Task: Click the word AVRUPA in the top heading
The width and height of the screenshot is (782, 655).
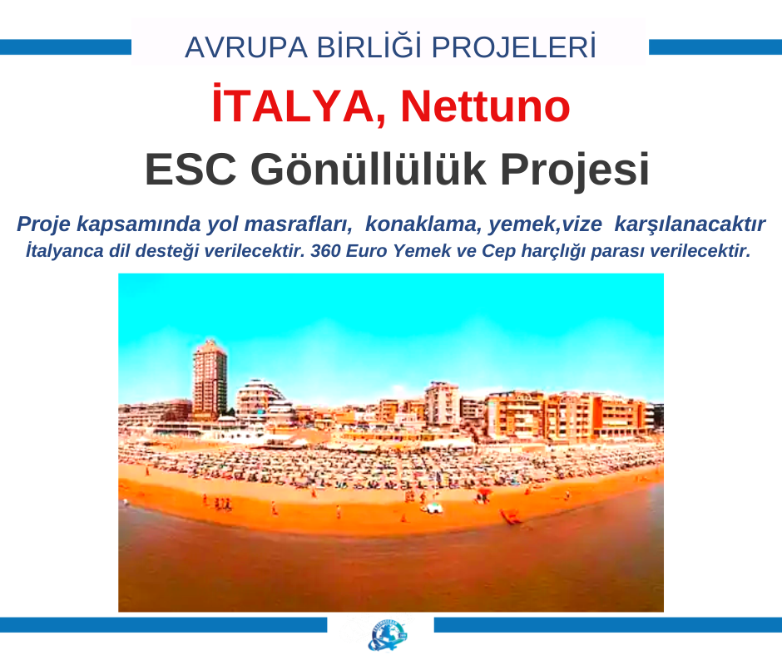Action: [x=246, y=48]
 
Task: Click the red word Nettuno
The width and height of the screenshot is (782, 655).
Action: [x=485, y=106]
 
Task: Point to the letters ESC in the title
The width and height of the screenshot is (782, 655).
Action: [x=190, y=170]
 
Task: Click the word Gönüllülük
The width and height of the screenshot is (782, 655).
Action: [x=369, y=169]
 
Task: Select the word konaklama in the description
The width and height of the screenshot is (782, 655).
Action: [x=423, y=224]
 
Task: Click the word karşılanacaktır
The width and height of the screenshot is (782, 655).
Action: [x=690, y=224]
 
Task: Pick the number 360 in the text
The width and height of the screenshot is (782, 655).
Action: [x=325, y=251]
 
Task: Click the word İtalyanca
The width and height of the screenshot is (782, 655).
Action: [x=65, y=250]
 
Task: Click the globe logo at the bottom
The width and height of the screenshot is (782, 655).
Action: [x=388, y=635]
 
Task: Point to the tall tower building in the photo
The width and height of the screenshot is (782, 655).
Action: [x=210, y=379]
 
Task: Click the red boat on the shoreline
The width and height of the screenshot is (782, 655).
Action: [x=511, y=517]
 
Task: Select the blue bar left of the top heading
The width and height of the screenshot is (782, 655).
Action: [x=66, y=47]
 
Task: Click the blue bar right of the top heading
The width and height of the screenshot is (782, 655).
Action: [x=715, y=47]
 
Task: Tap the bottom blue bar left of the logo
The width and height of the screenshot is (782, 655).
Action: [x=164, y=625]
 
